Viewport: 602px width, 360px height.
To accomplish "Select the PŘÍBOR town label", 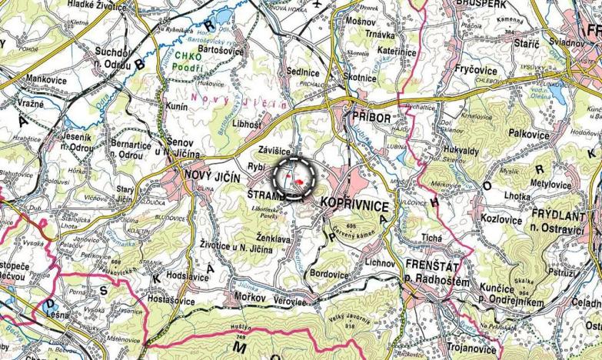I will (371, 117).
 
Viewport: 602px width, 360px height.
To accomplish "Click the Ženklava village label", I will (273, 239).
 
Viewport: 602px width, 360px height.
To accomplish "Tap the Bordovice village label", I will (329, 273).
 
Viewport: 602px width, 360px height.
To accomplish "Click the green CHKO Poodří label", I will (188, 61).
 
